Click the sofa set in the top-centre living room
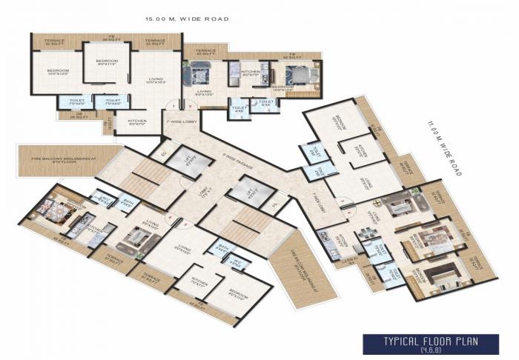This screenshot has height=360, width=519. [199, 75]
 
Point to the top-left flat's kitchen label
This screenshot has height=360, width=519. [136, 122]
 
